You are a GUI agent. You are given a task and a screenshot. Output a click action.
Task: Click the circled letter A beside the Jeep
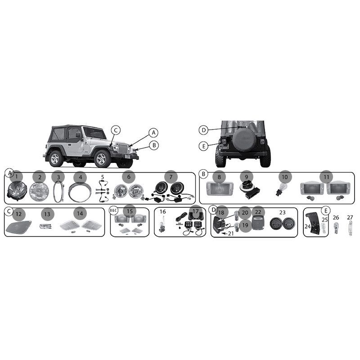click(153, 132)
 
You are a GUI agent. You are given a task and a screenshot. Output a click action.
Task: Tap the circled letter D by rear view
click(203, 130)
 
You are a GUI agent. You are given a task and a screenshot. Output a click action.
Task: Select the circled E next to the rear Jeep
click(204, 146)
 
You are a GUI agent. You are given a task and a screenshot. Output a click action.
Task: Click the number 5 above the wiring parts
click(103, 177)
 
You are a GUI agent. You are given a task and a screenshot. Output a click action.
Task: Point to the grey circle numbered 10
click(285, 177)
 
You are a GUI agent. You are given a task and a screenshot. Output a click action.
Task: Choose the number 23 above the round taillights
click(283, 212)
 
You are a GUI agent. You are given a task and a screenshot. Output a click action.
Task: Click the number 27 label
click(350, 217)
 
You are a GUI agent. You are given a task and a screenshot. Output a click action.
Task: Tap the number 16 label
click(162, 211)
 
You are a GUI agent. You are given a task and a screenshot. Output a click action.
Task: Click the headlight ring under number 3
click(58, 192)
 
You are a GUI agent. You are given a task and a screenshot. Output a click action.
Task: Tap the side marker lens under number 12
click(19, 227)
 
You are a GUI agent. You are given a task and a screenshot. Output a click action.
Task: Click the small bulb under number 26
click(336, 228)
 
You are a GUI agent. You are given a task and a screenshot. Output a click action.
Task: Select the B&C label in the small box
click(114, 210)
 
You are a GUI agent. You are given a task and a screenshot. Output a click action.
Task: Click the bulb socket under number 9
click(249, 192)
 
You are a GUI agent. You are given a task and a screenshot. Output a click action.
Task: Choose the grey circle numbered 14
click(80, 214)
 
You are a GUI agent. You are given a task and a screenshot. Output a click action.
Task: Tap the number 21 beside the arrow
click(231, 234)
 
